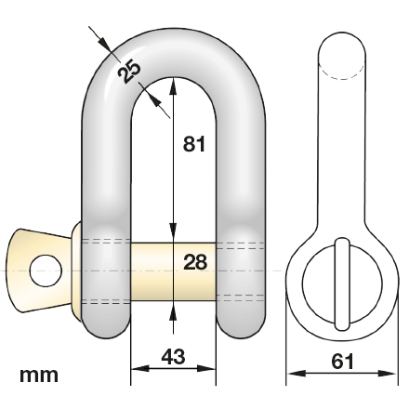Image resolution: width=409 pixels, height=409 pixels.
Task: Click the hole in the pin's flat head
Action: point(44,270)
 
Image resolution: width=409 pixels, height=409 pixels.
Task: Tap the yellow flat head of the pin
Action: point(37,269)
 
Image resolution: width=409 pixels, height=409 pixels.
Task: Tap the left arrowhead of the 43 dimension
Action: point(136,369)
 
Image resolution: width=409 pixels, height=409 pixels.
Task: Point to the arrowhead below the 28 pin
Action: point(173,312)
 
